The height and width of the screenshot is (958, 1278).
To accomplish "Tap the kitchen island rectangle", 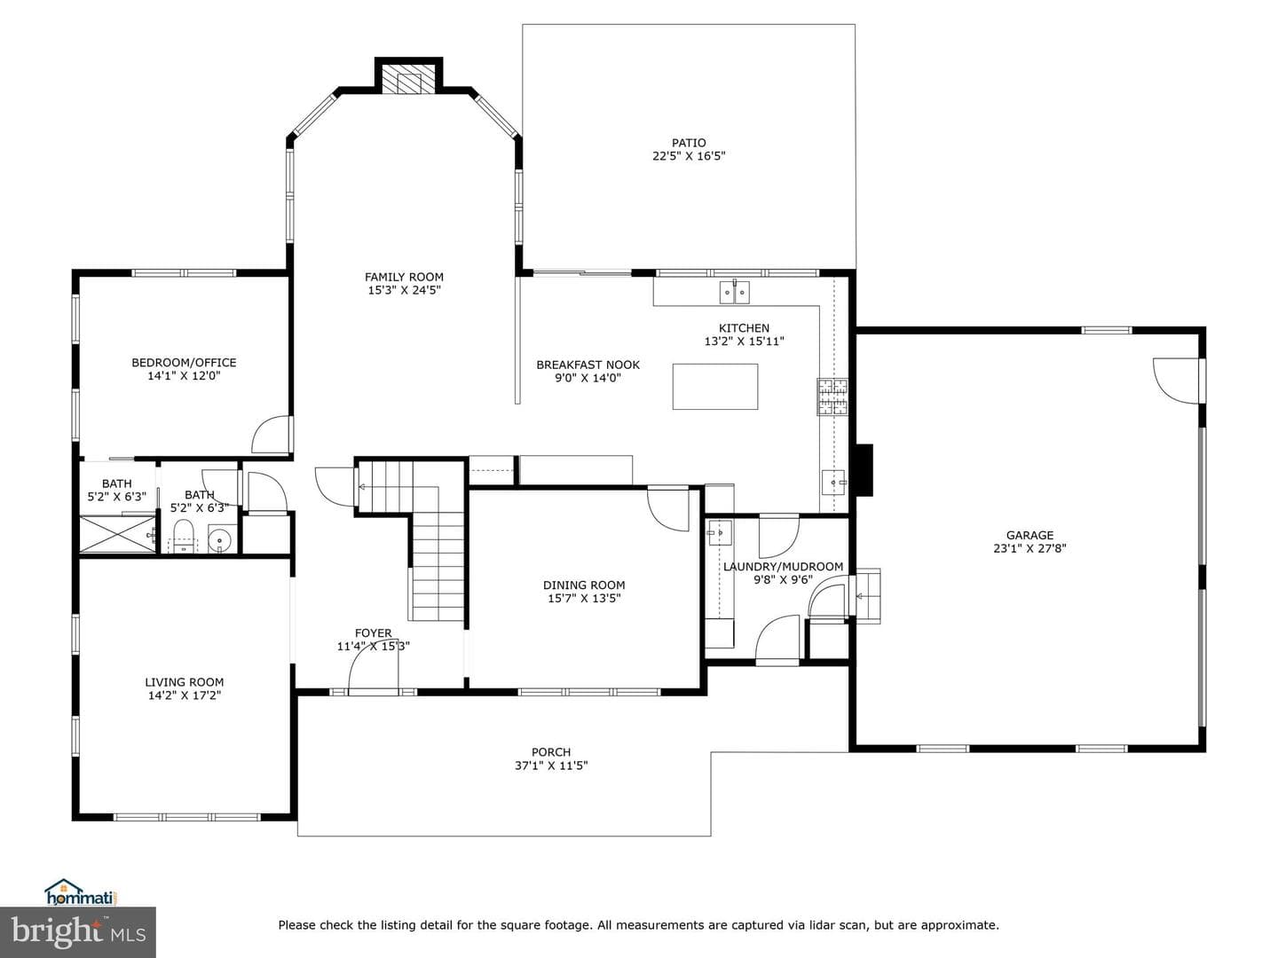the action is [x=715, y=386].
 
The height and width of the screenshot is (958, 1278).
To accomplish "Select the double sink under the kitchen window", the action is [x=734, y=292].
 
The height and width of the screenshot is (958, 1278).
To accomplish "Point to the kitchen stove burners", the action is [x=832, y=397].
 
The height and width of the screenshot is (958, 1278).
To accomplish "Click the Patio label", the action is [x=689, y=143].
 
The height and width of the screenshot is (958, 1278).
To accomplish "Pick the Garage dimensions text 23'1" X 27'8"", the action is [x=1029, y=548].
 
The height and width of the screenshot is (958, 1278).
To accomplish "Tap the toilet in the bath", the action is [x=184, y=537].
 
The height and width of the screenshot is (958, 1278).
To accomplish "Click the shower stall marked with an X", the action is [x=117, y=534].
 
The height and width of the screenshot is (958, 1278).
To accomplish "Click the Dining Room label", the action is [x=584, y=585].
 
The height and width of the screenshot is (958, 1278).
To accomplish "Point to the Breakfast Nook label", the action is [x=588, y=365].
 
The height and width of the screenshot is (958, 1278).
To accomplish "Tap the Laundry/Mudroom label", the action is [x=783, y=567].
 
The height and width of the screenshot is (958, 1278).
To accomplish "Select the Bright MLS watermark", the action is [x=78, y=932].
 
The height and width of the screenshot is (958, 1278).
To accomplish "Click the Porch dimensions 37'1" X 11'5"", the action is [x=551, y=766].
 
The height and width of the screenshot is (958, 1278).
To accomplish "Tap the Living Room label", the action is [x=185, y=682].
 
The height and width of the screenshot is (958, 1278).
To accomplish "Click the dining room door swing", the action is [x=667, y=510].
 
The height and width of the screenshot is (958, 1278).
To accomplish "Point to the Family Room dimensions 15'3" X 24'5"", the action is [x=404, y=290].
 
